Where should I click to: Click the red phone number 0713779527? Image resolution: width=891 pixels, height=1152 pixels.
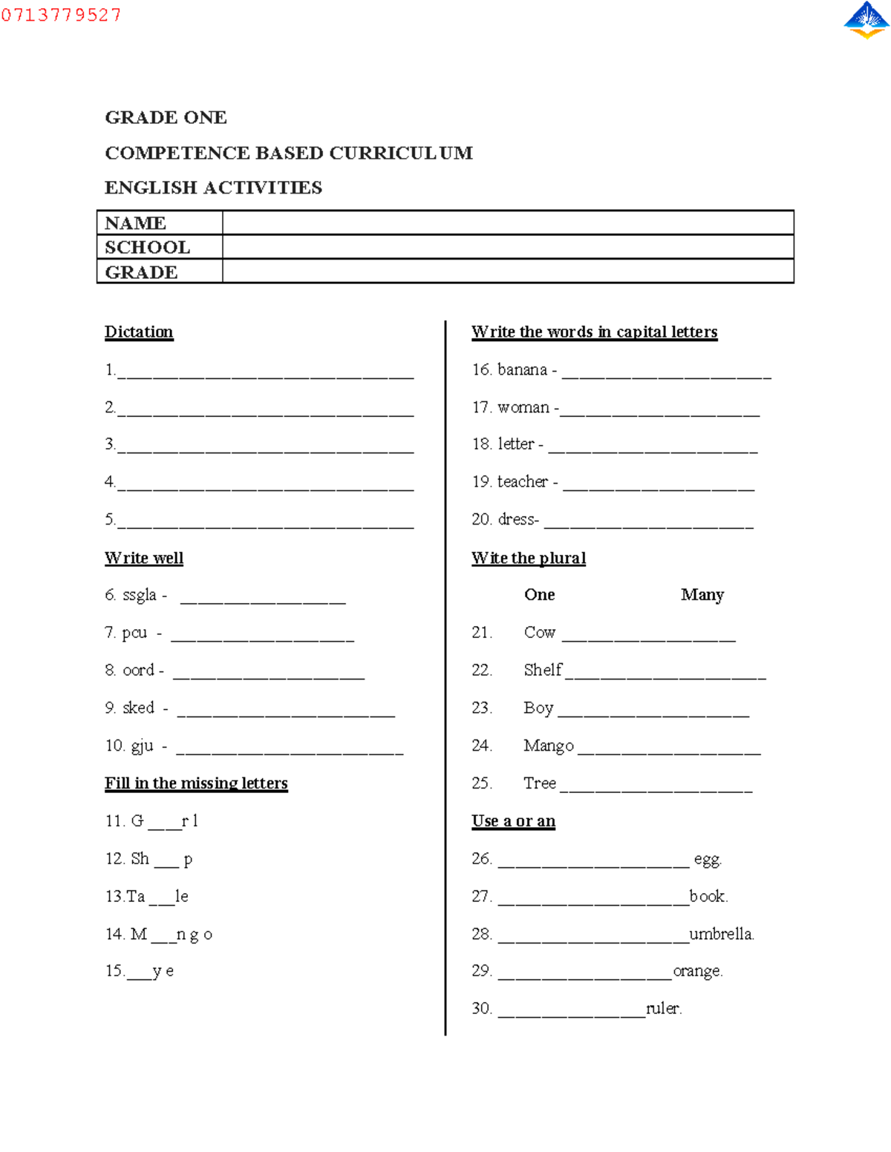(x=61, y=15)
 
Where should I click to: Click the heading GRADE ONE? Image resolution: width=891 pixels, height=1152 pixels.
(x=166, y=117)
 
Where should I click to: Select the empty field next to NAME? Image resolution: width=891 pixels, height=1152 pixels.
(x=508, y=223)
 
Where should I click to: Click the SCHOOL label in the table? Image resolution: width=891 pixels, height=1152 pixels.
(x=147, y=247)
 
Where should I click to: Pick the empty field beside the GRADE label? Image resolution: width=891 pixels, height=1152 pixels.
(x=508, y=271)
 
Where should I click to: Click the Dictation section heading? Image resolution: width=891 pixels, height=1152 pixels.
(x=139, y=332)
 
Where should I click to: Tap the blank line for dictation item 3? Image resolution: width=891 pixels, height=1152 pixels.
(x=265, y=447)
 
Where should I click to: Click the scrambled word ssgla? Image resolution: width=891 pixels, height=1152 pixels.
(x=140, y=595)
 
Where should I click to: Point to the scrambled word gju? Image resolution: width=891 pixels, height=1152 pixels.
(x=142, y=745)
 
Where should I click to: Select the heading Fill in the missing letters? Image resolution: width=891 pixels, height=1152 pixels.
(x=196, y=783)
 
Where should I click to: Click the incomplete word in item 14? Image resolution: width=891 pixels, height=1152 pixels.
(x=172, y=934)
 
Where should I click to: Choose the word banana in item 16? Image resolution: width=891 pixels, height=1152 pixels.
(x=522, y=369)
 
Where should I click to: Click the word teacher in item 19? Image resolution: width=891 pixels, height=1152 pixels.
(x=523, y=481)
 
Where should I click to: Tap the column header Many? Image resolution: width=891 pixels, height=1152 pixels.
(x=702, y=595)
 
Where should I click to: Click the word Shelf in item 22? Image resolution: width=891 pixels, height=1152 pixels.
(x=543, y=670)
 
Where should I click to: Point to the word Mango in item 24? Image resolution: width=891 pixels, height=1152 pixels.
(x=548, y=745)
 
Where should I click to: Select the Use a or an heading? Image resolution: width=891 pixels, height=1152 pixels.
(x=513, y=821)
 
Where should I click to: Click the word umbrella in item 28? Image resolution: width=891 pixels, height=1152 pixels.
(x=721, y=934)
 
